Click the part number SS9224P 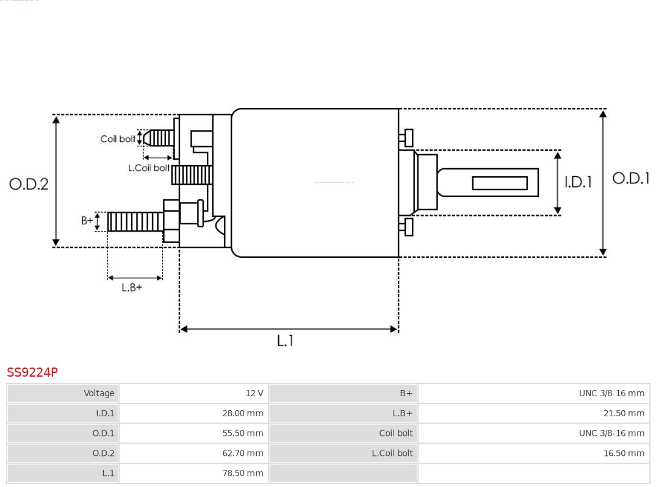click(x=32, y=372)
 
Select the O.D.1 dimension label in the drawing click(x=630, y=179)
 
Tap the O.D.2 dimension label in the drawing click(x=29, y=184)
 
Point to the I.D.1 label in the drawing click(x=577, y=182)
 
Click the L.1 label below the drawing click(x=285, y=341)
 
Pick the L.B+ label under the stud click(x=132, y=288)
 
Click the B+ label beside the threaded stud click(x=87, y=221)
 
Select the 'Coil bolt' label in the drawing click(x=118, y=139)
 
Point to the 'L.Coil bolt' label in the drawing click(x=149, y=168)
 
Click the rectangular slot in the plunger click(x=499, y=183)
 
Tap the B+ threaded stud click(x=135, y=222)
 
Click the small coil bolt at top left click(x=160, y=138)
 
